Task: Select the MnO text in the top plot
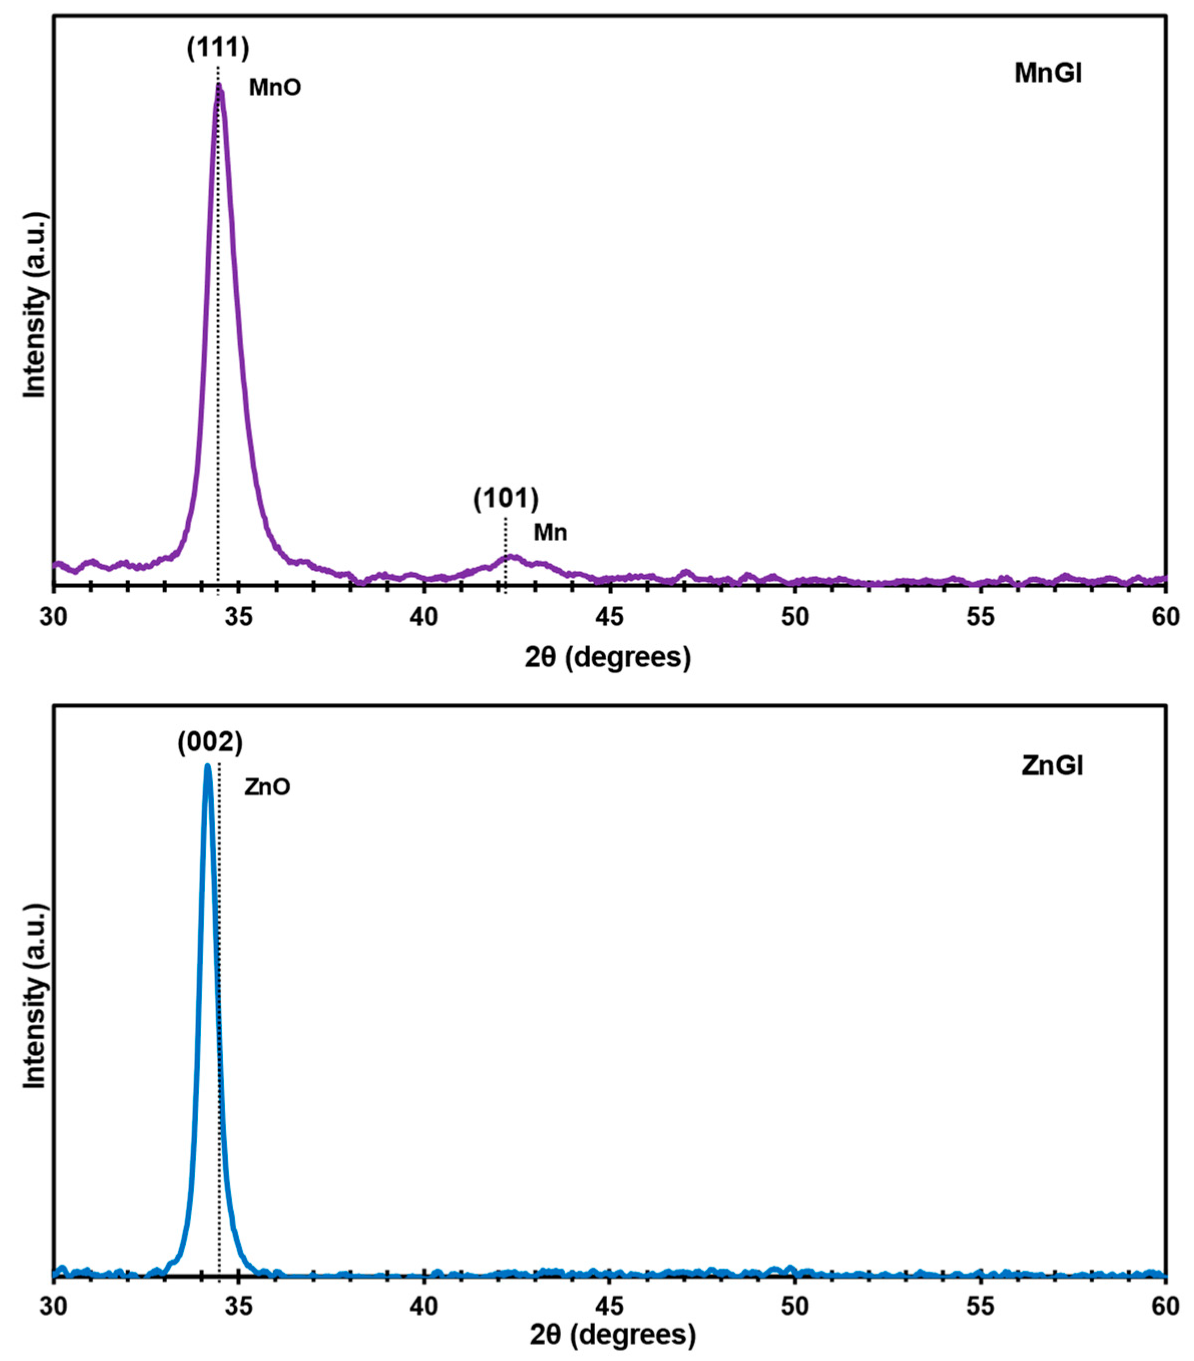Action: pos(275,87)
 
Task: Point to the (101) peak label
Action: pos(506,499)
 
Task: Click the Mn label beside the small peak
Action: pos(550,532)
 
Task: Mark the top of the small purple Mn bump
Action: pos(510,556)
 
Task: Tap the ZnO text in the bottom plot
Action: pos(267,787)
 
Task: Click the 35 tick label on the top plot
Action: pos(238,616)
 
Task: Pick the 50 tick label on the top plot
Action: pos(795,616)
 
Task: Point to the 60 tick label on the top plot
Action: pos(1165,616)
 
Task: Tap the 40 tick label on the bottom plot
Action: pos(424,1306)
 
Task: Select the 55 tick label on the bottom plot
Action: pos(980,1306)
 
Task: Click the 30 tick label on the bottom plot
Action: pos(54,1306)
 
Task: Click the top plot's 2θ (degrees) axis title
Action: pos(607,657)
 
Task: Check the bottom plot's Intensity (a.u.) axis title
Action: pos(35,996)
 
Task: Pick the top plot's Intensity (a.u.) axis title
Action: pos(35,305)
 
